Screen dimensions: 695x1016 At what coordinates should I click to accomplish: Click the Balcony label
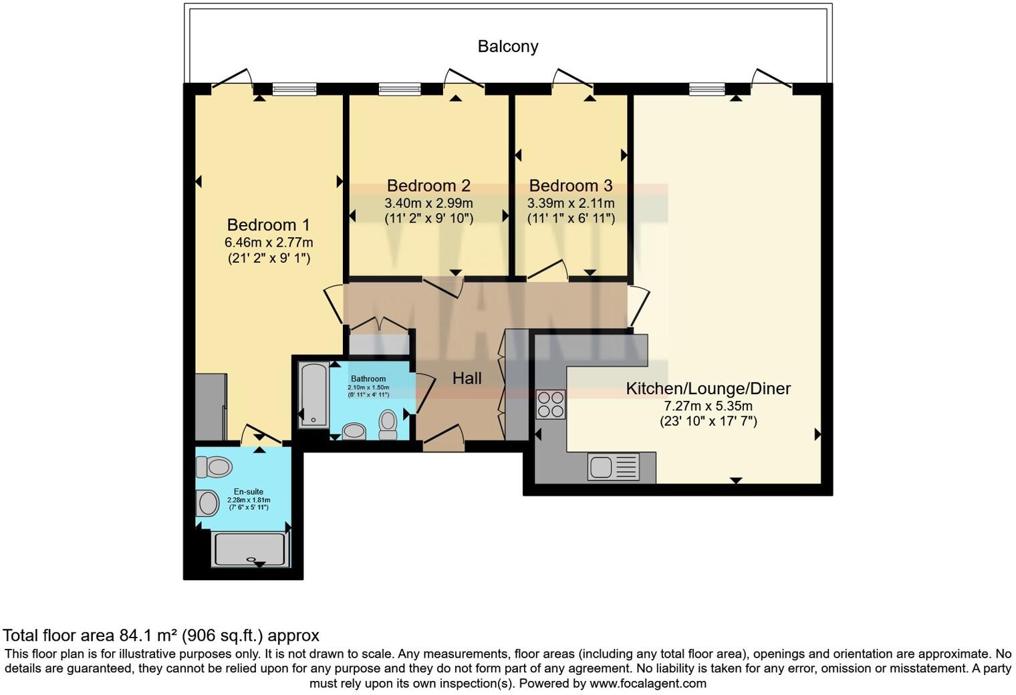point(507,46)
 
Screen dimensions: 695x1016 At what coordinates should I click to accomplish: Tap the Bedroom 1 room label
point(268,225)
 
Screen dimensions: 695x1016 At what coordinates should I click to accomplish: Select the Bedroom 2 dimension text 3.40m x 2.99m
point(428,202)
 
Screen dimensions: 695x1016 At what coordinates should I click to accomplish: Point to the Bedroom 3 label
point(570,185)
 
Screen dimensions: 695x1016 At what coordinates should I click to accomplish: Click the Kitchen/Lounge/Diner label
point(708,388)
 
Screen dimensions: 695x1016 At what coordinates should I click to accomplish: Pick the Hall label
point(467,378)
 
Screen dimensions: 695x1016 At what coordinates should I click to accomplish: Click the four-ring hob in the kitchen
point(551,404)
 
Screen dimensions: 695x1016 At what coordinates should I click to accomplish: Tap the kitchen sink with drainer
point(613,466)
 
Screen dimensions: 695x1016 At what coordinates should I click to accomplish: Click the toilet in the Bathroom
point(388,424)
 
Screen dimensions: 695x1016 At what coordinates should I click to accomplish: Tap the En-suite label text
point(248,492)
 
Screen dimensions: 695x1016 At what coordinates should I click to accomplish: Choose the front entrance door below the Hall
point(443,438)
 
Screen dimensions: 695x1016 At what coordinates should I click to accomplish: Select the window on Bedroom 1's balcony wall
point(294,89)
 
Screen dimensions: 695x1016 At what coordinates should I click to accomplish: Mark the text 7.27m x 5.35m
point(708,406)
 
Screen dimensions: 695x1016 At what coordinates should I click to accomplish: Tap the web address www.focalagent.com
point(647,683)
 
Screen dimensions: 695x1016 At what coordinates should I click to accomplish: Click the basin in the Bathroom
point(354,430)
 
